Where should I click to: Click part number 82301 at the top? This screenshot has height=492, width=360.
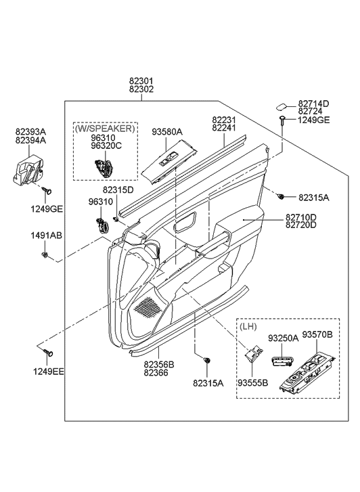click(x=141, y=80)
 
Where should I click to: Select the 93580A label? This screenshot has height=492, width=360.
click(x=166, y=133)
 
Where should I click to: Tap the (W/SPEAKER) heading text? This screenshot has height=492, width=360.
click(x=104, y=128)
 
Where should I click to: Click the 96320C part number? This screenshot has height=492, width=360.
click(x=104, y=145)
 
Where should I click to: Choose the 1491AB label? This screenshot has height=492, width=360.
click(x=43, y=236)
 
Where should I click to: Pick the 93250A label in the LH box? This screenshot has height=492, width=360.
click(x=283, y=338)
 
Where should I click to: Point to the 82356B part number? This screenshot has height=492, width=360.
click(x=158, y=364)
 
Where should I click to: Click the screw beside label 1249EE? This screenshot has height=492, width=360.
click(x=47, y=353)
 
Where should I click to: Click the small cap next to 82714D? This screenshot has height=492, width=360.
click(x=281, y=105)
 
